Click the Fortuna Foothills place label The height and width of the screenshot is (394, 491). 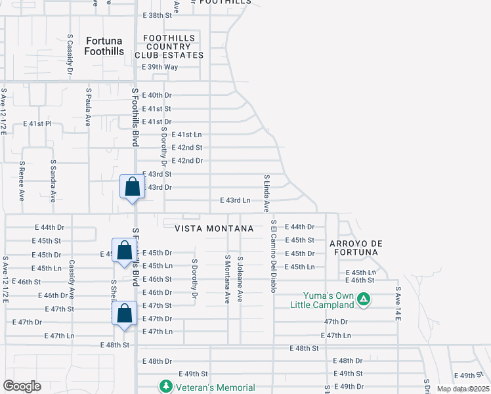click(104, 46)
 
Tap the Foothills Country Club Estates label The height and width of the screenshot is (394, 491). click(169, 47)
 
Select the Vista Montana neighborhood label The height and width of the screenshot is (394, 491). click(214, 228)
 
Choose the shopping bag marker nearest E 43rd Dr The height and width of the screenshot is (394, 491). click(132, 187)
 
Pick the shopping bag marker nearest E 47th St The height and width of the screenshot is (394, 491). click(124, 314)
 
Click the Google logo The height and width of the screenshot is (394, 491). click(22, 386)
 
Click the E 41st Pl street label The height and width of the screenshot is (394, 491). click(37, 123)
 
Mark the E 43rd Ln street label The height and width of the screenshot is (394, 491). click(235, 200)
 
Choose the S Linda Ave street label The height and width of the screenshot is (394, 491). click(267, 194)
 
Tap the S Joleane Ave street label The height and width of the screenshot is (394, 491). click(240, 279)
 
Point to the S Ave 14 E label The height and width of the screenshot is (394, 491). click(398, 303)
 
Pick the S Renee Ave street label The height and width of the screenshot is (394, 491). click(22, 181)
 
